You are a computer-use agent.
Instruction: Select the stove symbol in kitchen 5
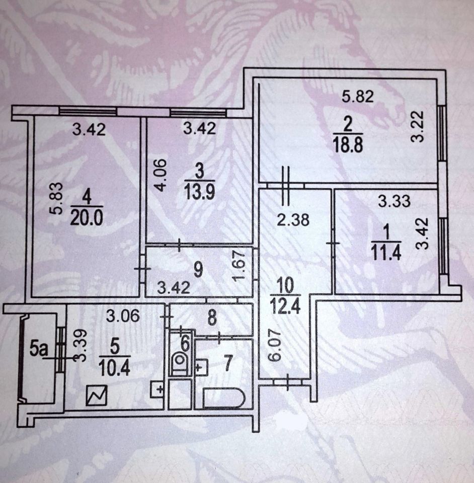coord(97,395)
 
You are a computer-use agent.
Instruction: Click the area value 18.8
coord(348,145)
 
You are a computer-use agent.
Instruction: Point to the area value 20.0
coord(86,218)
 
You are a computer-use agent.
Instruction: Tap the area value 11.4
coord(386,253)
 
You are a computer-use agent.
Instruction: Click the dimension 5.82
coord(358,97)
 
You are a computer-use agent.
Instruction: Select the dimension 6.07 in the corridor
coord(275,345)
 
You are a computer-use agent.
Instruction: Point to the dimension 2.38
coord(293,220)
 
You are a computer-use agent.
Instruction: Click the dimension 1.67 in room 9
coord(239,265)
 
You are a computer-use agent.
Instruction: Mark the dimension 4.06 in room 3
coord(161,175)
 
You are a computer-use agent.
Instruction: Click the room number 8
coord(212,318)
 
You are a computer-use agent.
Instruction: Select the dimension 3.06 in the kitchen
coord(123,316)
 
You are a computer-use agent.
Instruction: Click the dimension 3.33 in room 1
coord(394,201)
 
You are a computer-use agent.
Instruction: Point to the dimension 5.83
coord(57,198)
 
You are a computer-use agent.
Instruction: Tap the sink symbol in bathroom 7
coord(201,367)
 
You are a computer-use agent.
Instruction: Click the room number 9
coord(199,270)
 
